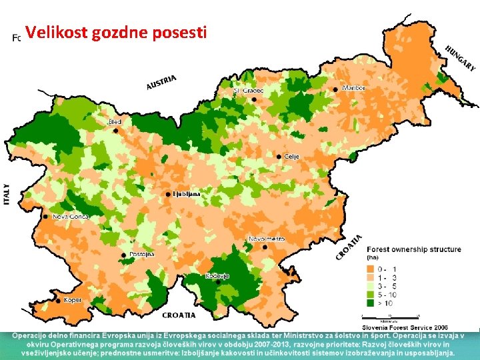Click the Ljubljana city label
coord(187,194)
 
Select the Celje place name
coord(292,157)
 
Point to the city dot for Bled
coord(116,131)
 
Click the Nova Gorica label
coord(71,217)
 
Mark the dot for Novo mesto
coord(265,247)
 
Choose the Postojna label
coord(142,254)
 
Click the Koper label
coord(73,300)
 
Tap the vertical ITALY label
coord(7,194)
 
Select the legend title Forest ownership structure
coord(413,249)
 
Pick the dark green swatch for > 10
coord(371,303)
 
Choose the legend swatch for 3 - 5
coord(371,287)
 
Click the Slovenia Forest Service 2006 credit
coord(405,327)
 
